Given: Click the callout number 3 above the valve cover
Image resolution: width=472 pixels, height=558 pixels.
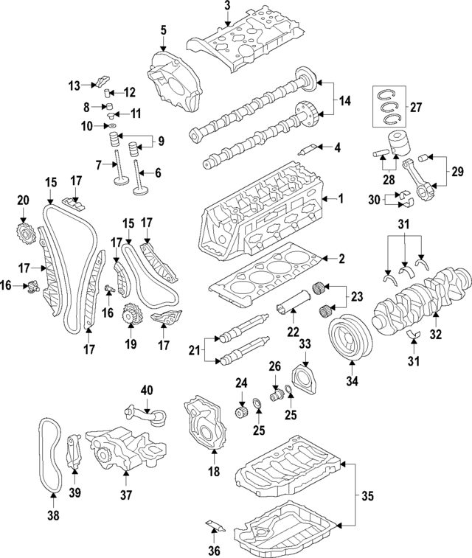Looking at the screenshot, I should tap(227, 6).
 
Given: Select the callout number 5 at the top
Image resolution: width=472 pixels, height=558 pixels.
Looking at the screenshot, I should tap(163, 30).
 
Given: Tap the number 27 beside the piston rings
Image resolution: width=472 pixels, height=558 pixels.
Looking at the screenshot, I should tap(415, 107).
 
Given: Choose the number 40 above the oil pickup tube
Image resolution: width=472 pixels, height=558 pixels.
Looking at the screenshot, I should tap(147, 390).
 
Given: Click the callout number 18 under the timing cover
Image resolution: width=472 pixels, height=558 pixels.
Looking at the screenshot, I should tap(215, 472).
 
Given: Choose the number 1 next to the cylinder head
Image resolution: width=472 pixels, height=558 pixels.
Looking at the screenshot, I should tap(341, 199).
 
